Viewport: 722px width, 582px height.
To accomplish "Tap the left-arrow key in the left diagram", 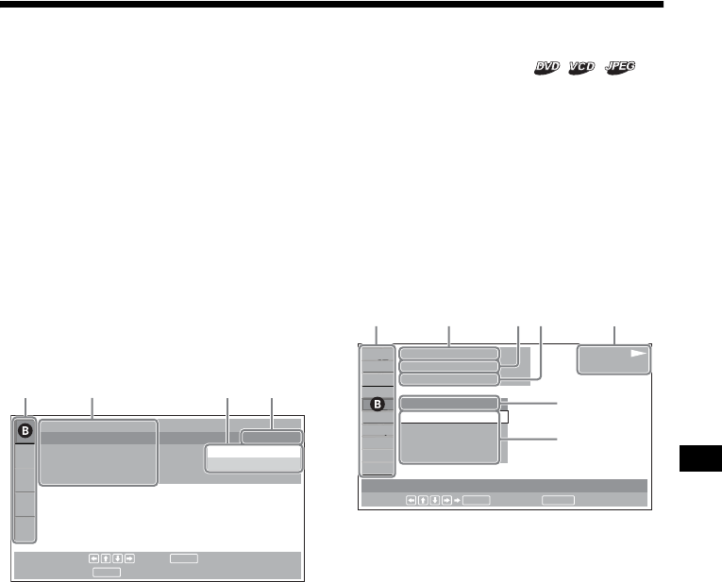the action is tap(94, 558).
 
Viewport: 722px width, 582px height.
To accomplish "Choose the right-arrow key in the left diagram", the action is tap(128, 558).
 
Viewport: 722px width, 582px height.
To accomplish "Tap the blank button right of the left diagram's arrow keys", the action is tap(184, 558).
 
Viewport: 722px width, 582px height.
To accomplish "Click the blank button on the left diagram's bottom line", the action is tap(106, 571).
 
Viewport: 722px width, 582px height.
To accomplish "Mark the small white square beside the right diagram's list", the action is tap(504, 417).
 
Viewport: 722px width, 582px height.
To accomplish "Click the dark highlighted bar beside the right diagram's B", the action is tap(447, 403).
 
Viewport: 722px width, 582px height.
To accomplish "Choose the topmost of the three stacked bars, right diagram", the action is tap(448, 353).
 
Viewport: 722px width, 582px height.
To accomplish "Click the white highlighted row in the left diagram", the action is tap(252, 453).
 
